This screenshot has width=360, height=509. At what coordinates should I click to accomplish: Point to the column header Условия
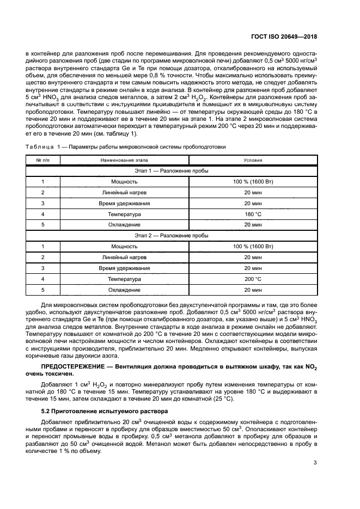click(253, 160)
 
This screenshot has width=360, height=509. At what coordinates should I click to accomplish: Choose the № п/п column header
click(43, 160)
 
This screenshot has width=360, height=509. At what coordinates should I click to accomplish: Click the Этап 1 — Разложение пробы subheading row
click(172, 170)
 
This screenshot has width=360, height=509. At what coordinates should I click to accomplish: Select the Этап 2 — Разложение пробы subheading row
click(172, 236)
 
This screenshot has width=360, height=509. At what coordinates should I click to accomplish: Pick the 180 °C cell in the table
click(253, 214)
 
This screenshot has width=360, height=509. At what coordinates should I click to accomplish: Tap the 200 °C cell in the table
click(253, 279)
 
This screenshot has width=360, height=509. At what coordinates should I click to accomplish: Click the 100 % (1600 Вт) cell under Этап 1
click(253, 181)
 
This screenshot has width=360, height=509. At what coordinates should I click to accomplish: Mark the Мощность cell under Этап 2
click(124, 247)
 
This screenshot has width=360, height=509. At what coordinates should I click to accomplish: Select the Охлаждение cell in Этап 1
click(124, 225)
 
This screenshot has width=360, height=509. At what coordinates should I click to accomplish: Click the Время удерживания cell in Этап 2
click(124, 268)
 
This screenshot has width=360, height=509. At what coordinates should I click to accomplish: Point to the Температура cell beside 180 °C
click(124, 214)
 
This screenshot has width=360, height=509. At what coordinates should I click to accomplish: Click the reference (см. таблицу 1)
click(118, 134)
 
